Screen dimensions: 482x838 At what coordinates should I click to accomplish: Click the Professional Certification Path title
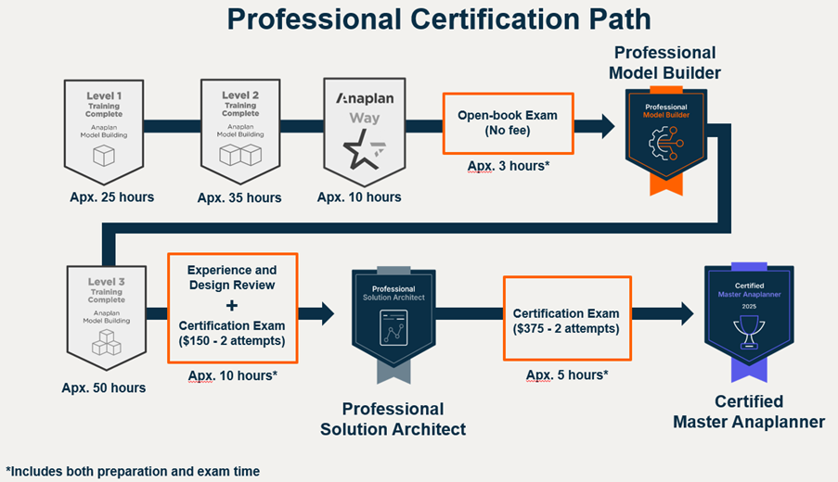tap(439, 19)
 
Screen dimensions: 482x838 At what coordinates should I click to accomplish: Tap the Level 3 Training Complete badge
tap(106, 315)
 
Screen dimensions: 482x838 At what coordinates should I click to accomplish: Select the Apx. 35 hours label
tap(239, 197)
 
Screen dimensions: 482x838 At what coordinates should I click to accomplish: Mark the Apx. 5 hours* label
tap(567, 374)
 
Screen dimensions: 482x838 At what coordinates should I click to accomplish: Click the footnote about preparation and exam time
tap(133, 471)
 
